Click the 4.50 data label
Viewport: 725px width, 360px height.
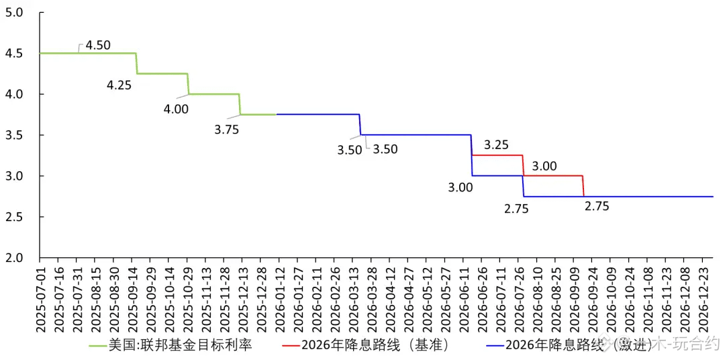click(x=98, y=46)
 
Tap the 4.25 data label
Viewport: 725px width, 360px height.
click(x=119, y=85)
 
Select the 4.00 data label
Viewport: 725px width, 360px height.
click(x=176, y=109)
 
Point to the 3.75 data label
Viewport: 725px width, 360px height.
click(x=226, y=130)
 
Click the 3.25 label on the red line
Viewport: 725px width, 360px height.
click(x=496, y=144)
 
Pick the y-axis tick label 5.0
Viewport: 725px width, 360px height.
click(x=14, y=12)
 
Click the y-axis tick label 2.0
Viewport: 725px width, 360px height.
click(x=14, y=258)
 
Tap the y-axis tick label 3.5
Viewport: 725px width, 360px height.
click(x=14, y=135)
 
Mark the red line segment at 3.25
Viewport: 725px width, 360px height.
click(x=497, y=155)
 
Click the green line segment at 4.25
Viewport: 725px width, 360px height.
click(x=162, y=73)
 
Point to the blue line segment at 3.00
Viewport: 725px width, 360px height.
click(x=497, y=176)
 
